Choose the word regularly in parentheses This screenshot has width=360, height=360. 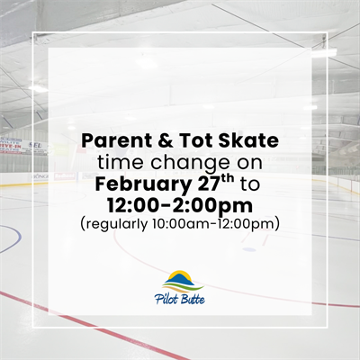(x=117, y=220)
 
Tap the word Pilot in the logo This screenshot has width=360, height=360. (x=169, y=298)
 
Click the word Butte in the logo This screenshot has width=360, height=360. (x=192, y=298)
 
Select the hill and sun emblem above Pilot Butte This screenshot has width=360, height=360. (x=183, y=280)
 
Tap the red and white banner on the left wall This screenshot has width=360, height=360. (x=10, y=144)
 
